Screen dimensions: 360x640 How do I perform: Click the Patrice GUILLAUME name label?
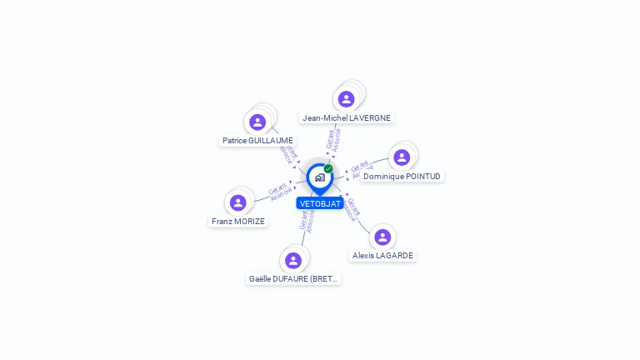click(257, 141)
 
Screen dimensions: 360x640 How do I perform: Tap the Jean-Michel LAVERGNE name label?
click(346, 118)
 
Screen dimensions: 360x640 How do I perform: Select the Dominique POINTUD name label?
click(402, 177)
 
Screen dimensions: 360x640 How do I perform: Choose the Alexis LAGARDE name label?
click(382, 256)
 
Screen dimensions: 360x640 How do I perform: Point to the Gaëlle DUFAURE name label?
click(293, 279)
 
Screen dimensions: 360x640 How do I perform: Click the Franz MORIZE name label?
click(238, 222)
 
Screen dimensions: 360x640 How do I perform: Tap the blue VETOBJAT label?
click(320, 203)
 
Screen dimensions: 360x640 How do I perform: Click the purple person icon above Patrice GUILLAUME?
click(257, 122)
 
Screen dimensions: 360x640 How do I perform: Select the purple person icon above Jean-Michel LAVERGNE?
click(346, 99)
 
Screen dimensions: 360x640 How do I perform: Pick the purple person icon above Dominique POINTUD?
click(402, 157)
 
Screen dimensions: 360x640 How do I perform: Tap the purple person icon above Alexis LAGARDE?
click(382, 237)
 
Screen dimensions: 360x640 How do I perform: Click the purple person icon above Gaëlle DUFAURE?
click(293, 260)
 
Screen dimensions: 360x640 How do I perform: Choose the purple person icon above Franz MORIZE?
click(238, 202)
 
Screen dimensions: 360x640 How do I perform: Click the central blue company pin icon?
click(319, 177)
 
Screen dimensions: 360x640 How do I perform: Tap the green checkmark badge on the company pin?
click(328, 169)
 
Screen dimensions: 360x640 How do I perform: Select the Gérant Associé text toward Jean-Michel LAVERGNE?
click(333, 139)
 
